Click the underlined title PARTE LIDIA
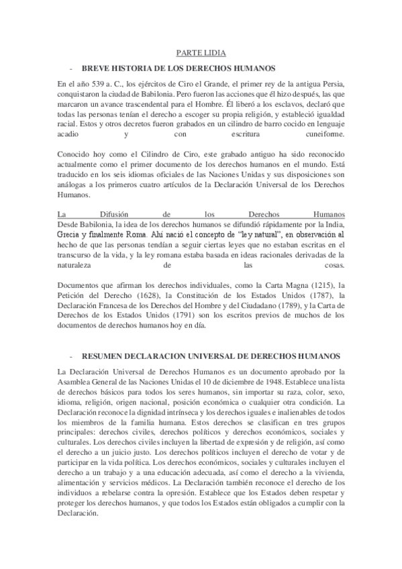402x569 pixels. click(201, 52)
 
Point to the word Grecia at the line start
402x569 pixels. click(71, 236)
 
